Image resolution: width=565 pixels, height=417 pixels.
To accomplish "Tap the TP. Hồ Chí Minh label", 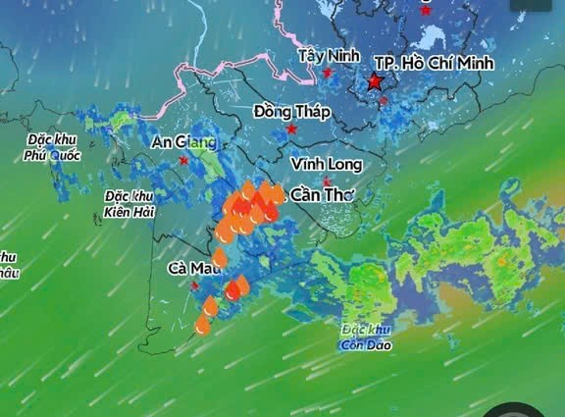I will tap(434, 62).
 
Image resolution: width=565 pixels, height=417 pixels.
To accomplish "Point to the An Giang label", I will tap(183, 141).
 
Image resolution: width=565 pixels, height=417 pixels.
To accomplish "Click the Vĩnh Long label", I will tap(327, 164).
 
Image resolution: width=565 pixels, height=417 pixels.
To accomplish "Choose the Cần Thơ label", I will tap(322, 195).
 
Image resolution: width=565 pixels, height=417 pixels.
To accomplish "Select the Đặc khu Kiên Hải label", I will tap(129, 202).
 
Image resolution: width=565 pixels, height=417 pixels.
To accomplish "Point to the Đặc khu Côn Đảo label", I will tap(367, 337).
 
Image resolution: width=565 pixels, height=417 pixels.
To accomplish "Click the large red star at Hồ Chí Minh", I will tap(376, 83).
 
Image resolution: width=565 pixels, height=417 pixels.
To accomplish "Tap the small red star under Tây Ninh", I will tap(329, 73).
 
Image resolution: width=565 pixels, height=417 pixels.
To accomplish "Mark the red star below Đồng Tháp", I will tap(291, 130).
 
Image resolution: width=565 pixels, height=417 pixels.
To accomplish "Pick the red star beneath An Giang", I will tap(183, 160).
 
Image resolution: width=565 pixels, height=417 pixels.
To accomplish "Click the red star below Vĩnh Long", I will tap(327, 182).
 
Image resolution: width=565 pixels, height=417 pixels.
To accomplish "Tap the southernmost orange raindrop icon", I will tap(203, 324).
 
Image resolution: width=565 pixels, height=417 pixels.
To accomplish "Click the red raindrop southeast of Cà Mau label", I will tap(233, 289).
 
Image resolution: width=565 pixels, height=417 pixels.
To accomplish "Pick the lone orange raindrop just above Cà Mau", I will tap(220, 257).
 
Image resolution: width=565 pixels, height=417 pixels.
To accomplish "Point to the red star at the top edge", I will tap(426, 10).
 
